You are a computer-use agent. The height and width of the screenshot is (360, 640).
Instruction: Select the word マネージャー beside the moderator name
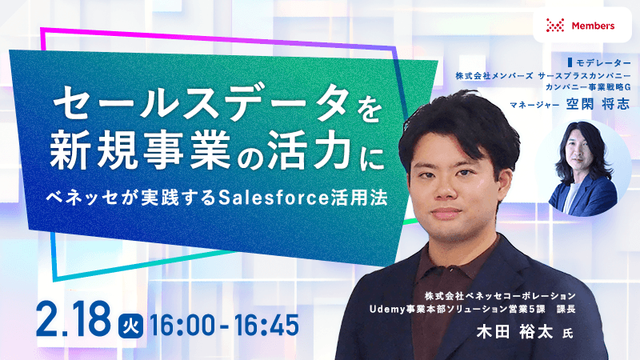(x=536, y=104)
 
